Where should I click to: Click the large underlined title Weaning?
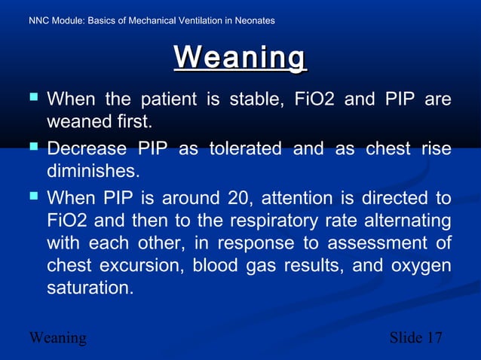coord(240,58)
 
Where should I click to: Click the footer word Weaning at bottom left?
coord(57,337)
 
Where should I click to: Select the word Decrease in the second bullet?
coord(87,148)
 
